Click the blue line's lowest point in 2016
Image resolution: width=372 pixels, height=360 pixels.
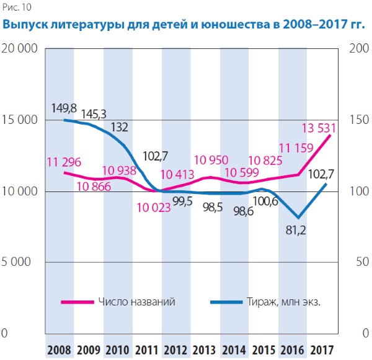click(299, 217)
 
